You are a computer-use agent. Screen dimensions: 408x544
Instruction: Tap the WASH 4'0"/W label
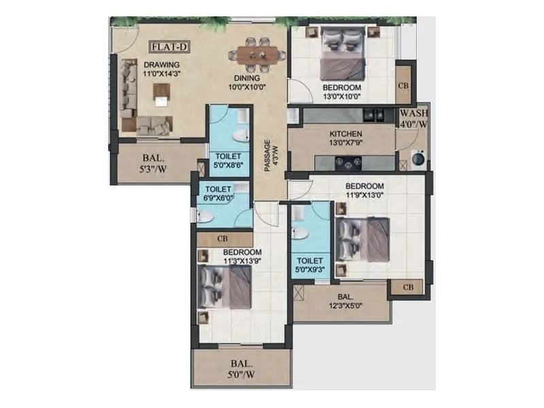point(413,118)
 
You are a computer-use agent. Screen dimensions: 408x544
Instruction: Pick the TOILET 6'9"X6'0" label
point(219,193)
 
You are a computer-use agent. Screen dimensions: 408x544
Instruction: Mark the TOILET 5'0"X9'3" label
point(310,265)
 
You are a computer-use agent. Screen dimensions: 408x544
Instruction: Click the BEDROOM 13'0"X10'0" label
point(341,92)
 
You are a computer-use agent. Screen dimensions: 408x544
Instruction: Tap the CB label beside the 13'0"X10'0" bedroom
point(404,85)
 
